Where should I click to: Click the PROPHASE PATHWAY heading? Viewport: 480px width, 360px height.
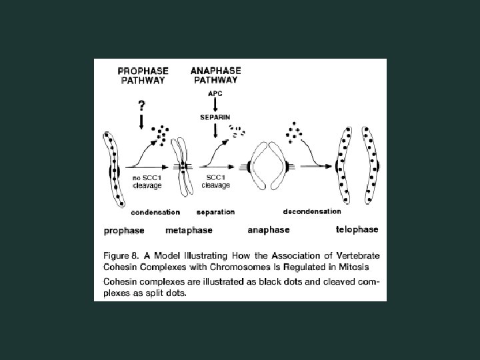coord(143,75)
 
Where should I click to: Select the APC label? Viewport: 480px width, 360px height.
coord(215,94)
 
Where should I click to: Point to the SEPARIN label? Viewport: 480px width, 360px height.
coord(215,116)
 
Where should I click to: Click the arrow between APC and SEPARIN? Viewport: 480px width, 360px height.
coord(215,105)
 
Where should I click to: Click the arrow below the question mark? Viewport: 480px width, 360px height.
coord(141,123)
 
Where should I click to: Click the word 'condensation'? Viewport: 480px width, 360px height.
coord(155,212)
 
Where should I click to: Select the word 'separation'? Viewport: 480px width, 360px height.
coord(215,212)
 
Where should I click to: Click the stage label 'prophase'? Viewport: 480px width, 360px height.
coord(125,231)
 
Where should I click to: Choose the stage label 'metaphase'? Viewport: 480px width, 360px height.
coord(189,231)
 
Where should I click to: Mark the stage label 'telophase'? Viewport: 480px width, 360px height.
coord(357,229)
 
